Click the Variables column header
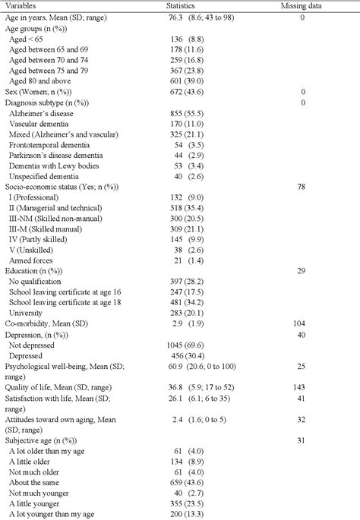22,5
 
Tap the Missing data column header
302,5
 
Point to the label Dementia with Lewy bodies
53,164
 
